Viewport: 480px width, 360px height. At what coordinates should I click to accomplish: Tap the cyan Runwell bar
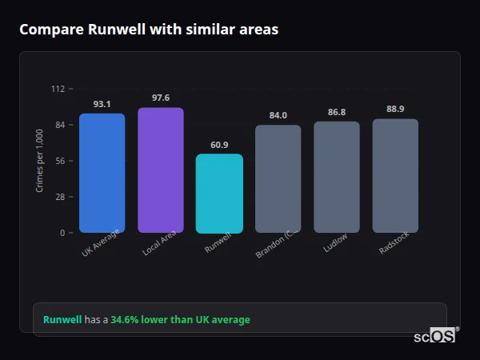219,194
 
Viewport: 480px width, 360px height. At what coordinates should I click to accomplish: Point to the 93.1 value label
102,104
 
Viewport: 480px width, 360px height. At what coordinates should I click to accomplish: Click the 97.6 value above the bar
160,98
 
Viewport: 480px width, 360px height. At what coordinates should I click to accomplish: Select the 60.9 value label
219,145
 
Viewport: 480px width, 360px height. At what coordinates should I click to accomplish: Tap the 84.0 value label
278,115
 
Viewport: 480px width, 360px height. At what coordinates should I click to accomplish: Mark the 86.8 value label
336,112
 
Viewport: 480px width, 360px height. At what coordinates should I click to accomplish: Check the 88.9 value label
395,109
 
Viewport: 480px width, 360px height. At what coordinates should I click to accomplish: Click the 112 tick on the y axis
58,89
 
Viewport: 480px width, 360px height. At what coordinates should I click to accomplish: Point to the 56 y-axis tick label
60,161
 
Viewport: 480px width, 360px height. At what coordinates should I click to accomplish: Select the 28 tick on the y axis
60,197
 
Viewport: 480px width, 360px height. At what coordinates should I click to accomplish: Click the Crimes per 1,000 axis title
40,161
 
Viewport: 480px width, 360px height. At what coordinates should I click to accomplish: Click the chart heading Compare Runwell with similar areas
149,30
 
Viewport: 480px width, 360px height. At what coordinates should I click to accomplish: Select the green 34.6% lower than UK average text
180,319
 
